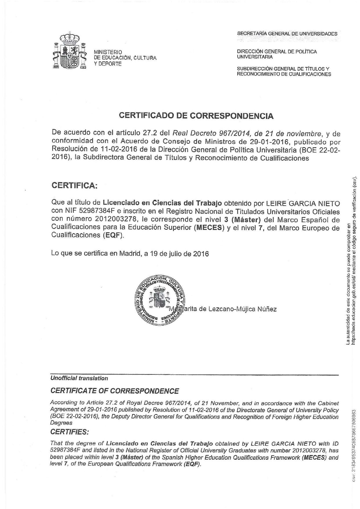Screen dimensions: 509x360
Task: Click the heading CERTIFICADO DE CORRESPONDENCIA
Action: tap(196, 116)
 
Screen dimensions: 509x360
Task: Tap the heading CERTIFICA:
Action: tap(75, 185)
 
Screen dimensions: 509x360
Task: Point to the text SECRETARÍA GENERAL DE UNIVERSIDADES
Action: tap(287, 34)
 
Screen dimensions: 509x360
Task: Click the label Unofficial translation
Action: tap(79, 378)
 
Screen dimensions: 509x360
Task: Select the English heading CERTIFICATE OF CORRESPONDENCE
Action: tap(115, 391)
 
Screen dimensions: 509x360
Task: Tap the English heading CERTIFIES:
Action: tap(70, 432)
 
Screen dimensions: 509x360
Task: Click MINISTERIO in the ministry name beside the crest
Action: tap(108, 52)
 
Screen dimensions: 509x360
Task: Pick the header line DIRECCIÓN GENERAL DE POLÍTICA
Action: tap(277, 52)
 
